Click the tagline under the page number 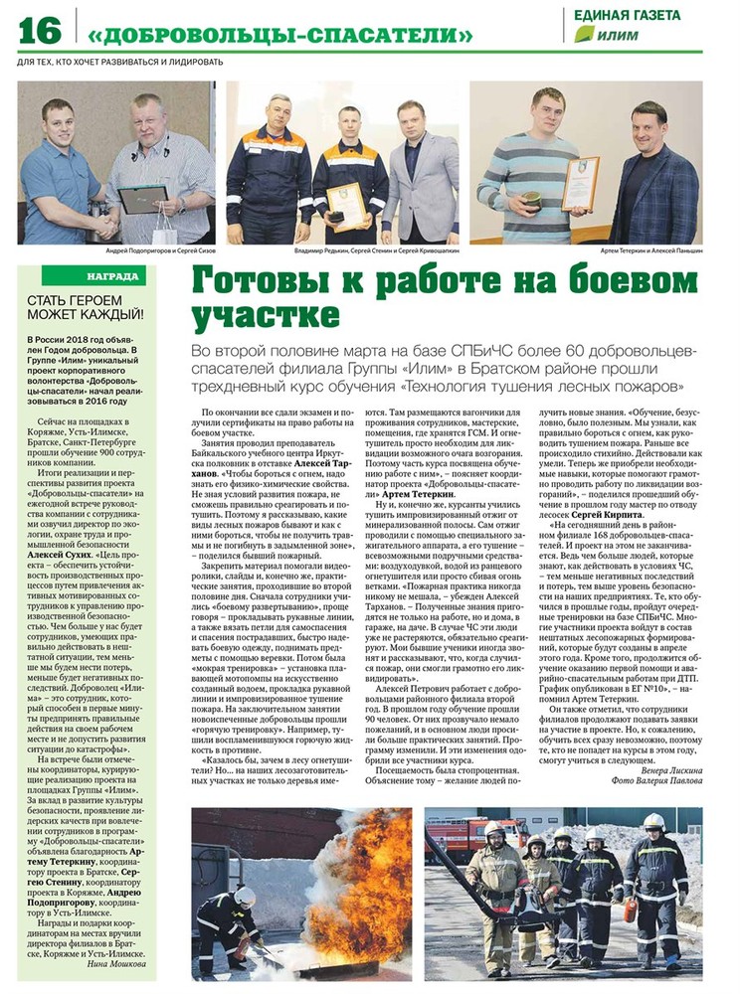pos(120,62)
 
